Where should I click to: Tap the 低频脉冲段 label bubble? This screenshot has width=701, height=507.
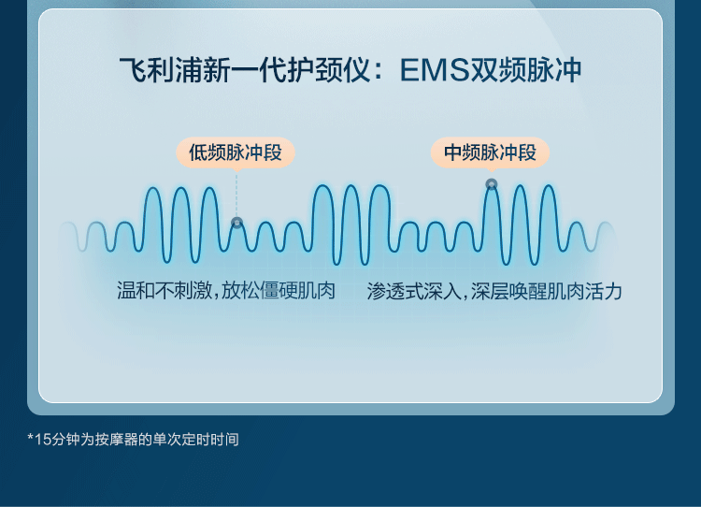236,152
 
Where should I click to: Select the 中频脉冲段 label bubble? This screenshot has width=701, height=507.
490,152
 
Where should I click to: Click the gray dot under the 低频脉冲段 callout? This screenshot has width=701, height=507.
237,222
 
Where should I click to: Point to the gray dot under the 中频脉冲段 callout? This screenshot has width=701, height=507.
492,184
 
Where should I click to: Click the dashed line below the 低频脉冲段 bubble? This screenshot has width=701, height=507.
236,195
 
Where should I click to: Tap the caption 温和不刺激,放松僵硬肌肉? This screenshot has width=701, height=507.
226,291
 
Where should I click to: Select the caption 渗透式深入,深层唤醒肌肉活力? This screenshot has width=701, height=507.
494,291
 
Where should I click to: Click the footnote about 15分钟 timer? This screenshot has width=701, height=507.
133,440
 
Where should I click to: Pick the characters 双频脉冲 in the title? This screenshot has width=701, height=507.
525,71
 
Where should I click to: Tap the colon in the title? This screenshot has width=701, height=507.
379,72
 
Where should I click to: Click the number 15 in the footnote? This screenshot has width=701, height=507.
43,440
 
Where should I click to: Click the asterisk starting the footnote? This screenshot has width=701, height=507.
31,437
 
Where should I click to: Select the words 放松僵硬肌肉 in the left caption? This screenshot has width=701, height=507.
279,291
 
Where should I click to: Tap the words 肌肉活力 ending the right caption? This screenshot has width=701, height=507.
585,291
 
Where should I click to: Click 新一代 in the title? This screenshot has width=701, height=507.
245,71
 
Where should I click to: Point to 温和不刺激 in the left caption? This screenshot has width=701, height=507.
165,291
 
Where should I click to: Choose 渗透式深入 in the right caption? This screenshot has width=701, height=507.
414,291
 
